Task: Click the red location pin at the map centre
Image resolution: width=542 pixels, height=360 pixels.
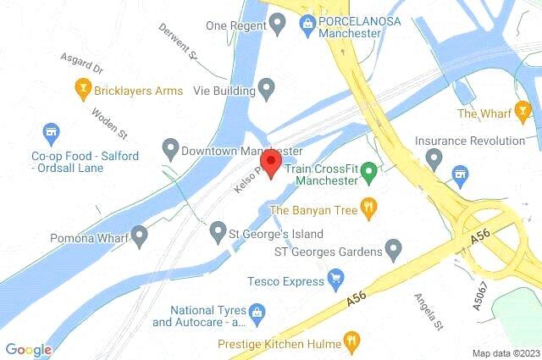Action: coord(271,163)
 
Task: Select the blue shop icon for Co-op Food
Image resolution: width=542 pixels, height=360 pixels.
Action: coord(51,132)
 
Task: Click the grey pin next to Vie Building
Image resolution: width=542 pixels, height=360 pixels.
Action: coord(268,86)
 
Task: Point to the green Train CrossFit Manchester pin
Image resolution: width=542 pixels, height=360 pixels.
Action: coord(368,174)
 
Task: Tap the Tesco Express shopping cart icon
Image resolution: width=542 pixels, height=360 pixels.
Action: coord(335,276)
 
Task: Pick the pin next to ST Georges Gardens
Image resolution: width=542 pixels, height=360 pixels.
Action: coord(393,250)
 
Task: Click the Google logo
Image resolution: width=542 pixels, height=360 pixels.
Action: coord(28,348)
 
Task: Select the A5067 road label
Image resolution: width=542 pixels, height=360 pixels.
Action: coord(481,293)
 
